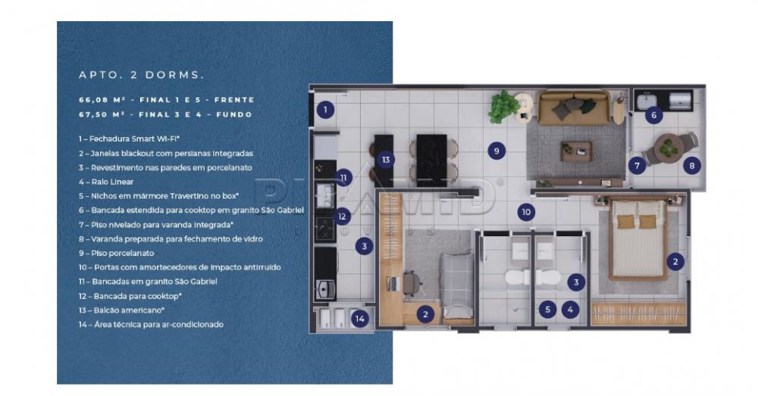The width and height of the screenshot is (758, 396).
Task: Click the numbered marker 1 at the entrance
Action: (325, 110)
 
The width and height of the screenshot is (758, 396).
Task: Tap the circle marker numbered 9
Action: (496, 151)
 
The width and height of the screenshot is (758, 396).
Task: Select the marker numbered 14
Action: (359, 319)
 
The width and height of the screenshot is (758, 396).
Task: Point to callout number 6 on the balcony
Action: (653, 115)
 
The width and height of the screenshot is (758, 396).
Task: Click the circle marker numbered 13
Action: (386, 159)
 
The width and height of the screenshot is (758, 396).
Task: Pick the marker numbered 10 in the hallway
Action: (526, 211)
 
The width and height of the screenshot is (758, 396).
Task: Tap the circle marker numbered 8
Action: (692, 166)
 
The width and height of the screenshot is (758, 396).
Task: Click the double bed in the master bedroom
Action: (638, 239)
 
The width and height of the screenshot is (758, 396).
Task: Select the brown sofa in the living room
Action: (574, 109)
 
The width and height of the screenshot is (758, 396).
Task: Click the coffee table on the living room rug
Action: (576, 151)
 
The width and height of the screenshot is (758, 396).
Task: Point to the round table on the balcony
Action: (669, 147)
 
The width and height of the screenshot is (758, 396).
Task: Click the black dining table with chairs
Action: (432, 160)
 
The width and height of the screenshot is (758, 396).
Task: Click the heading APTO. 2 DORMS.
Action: (142, 75)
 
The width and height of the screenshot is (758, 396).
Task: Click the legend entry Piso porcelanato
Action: (116, 253)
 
